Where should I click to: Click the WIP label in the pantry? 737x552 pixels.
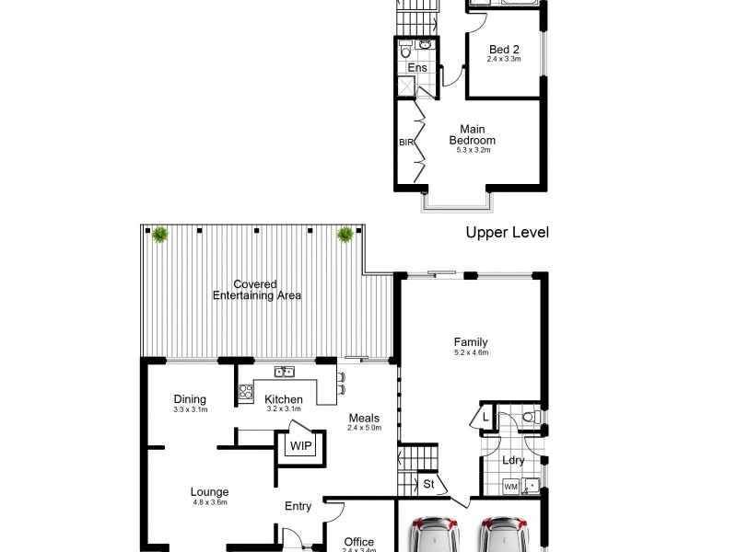pos(300,446)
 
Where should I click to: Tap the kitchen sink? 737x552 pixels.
pos(284,373)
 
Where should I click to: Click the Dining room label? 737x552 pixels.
pos(191,398)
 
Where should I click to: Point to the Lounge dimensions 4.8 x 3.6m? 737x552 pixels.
pos(209,502)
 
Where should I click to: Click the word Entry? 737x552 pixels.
pos(298,506)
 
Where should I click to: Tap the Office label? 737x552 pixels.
pos(359,542)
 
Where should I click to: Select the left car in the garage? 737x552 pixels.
pos(431,535)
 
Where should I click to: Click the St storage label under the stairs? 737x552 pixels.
pos(428,482)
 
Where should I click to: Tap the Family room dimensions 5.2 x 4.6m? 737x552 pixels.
pos(471,352)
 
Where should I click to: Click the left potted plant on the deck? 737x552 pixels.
pos(160,235)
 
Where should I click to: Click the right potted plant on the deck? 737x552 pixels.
pos(345,235)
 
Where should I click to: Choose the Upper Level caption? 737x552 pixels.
pos(507,233)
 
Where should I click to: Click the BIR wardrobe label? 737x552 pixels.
pos(405,143)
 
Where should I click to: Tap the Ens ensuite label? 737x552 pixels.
pos(416,68)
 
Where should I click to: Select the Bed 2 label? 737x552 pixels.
pos(503,50)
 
